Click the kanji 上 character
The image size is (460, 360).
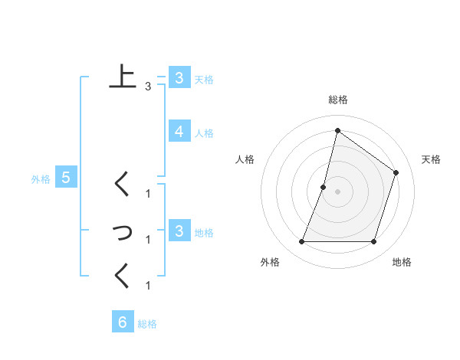pos(122,77)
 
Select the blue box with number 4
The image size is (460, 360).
pos(179,132)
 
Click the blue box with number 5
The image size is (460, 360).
pos(66,178)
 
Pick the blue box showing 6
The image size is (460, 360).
pos(122,322)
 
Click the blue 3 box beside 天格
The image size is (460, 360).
pos(179,77)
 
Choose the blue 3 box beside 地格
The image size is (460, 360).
pos(179,231)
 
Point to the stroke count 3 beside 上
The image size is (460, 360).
pos(148,87)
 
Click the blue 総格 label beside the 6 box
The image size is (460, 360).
pos(147,324)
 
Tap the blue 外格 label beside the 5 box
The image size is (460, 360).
pos(41,179)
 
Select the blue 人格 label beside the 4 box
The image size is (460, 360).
pos(204,133)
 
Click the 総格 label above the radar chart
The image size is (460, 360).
pos(337,100)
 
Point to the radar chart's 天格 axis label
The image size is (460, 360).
pos(431,159)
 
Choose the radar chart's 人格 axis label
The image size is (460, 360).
pos(245,159)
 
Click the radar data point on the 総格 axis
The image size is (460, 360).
pos(337,130)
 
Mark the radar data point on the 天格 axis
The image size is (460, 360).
pos(396,172)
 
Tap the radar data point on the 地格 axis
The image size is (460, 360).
pos(373,241)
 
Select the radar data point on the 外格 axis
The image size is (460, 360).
pos(301,241)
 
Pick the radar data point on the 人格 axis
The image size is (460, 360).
pos(324,187)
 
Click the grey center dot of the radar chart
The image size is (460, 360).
pos(337,191)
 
